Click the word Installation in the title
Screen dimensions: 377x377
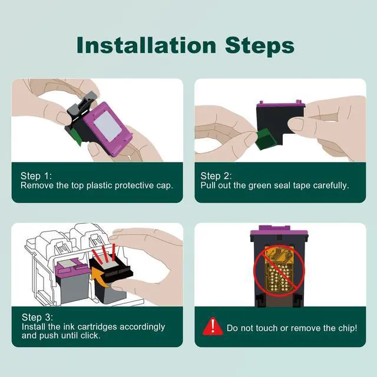(x=147, y=45)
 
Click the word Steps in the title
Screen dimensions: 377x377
(x=260, y=47)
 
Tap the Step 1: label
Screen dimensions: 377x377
(x=36, y=176)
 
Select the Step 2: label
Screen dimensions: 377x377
(x=216, y=176)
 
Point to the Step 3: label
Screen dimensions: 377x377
(x=37, y=317)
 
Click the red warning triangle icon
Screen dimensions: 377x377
(x=213, y=326)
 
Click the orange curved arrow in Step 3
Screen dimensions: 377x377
(x=101, y=277)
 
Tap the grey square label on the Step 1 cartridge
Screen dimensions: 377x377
(x=108, y=125)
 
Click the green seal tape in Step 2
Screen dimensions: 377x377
(x=265, y=138)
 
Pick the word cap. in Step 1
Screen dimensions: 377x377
(x=165, y=186)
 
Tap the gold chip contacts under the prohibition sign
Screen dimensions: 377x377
(x=279, y=269)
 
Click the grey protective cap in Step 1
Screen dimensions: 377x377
(x=81, y=104)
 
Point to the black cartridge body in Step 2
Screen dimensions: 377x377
(x=280, y=124)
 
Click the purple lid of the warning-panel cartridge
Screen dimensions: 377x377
(x=279, y=230)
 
